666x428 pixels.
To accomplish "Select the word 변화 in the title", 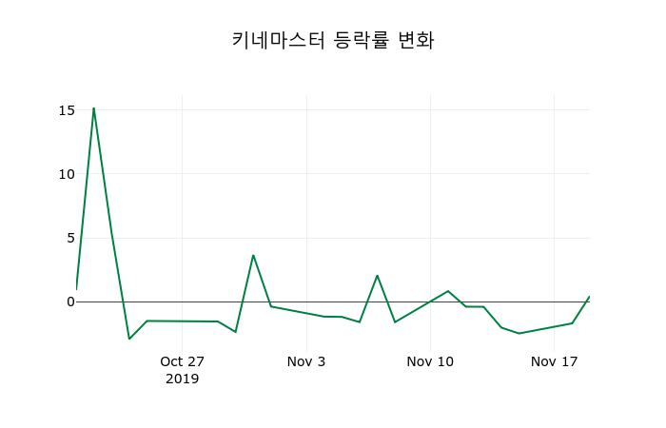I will (x=415, y=40).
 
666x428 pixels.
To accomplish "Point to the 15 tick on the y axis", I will (x=66, y=110).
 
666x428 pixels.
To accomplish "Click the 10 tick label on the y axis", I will (x=66, y=174).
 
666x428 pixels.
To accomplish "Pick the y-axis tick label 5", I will (x=69, y=238).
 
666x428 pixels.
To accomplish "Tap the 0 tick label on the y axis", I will (x=69, y=302).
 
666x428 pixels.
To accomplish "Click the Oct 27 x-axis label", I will (x=182, y=361).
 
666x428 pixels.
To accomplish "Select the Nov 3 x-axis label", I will (x=306, y=361).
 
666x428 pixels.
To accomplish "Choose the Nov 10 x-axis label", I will (x=430, y=361).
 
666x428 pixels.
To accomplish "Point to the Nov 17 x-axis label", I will (x=555, y=361).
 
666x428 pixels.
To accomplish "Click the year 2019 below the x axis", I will (x=182, y=379).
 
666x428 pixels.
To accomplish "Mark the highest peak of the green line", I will (x=93, y=107).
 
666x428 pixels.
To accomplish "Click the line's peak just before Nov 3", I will (x=253, y=255).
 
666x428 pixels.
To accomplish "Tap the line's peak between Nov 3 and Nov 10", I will (x=377, y=276).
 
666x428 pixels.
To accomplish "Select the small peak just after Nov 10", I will (x=448, y=291).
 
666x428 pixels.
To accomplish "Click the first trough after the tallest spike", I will (x=129, y=339).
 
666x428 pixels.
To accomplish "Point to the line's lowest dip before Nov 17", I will (x=519, y=333).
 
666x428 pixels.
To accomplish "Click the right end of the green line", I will (x=589, y=297).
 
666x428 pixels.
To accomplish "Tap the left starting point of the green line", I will (x=76, y=288).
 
